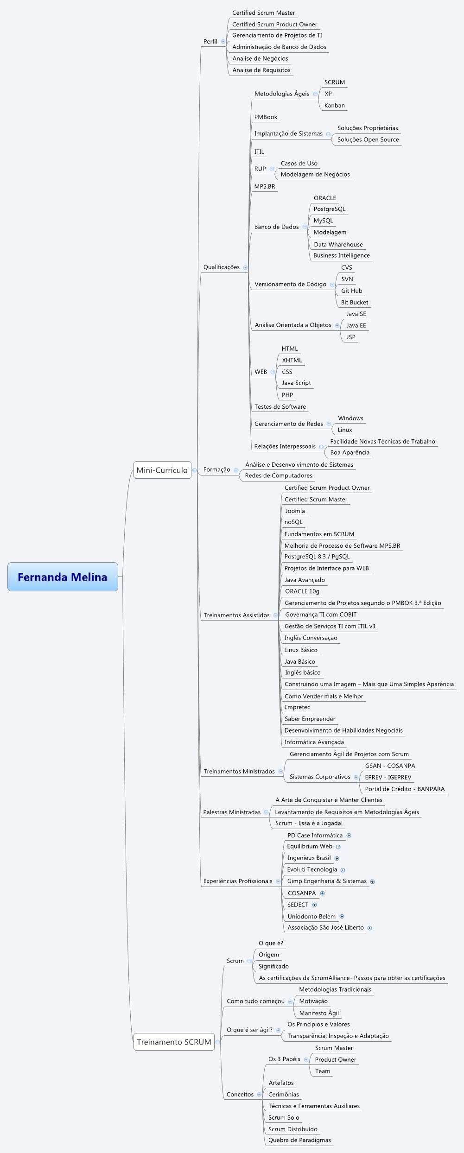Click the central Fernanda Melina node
tap(63, 577)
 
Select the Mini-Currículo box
tap(162, 470)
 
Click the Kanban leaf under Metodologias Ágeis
tap(334, 106)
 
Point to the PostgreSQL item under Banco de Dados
tap(329, 209)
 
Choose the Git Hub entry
tap(351, 291)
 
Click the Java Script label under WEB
tap(296, 383)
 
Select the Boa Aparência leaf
tap(350, 452)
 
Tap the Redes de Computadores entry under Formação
tap(279, 475)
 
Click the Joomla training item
tap(295, 511)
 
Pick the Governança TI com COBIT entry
tap(321, 615)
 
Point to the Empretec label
tap(297, 707)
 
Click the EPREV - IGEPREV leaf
tap(388, 777)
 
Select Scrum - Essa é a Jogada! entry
tap(309, 823)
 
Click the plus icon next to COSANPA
tap(322, 893)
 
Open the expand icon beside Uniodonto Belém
tap(342, 916)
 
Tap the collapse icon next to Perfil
tap(223, 41)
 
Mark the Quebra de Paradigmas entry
tap(299, 1140)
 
